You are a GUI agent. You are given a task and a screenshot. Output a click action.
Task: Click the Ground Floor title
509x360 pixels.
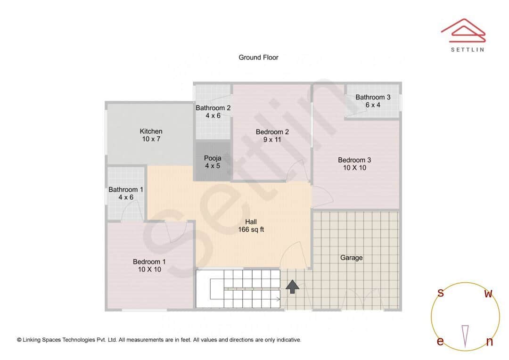[258, 57]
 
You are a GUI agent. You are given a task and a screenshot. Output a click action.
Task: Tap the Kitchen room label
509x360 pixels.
[151, 135]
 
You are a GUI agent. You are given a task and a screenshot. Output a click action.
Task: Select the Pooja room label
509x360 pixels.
[212, 162]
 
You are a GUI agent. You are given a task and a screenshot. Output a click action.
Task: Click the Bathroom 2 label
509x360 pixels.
[213, 111]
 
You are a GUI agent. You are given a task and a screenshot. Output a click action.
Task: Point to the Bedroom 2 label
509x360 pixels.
[272, 135]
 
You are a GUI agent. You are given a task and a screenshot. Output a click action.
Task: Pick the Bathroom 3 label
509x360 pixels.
[373, 101]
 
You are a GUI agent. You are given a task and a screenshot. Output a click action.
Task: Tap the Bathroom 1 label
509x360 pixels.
[126, 193]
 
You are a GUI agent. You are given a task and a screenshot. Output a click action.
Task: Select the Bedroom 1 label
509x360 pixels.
[149, 265]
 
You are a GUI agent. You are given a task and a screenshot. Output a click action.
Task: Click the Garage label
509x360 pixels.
[352, 258]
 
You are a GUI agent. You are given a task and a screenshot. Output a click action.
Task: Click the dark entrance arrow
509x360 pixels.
[293, 286]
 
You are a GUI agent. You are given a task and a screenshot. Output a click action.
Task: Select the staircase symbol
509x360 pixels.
[238, 288]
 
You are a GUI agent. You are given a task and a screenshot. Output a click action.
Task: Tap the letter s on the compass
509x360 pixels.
[441, 293]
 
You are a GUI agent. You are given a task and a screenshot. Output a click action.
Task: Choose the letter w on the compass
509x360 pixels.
[489, 294]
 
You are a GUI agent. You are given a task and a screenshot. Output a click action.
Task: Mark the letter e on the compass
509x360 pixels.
[440, 342]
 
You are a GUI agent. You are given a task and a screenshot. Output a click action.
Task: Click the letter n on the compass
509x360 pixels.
[489, 342]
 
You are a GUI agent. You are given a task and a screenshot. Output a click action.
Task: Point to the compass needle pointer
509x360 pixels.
[465, 335]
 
